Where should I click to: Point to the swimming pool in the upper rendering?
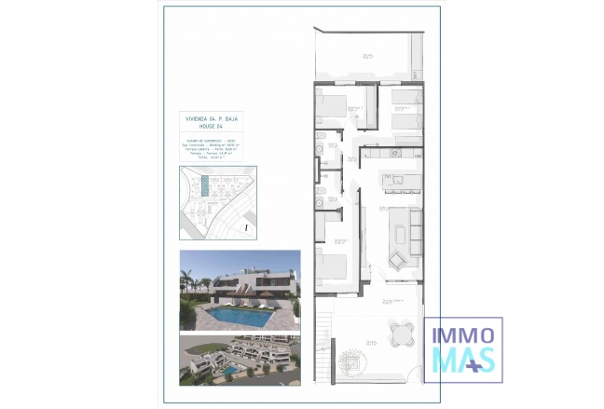point(239,317)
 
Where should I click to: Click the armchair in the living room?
point(399,259)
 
